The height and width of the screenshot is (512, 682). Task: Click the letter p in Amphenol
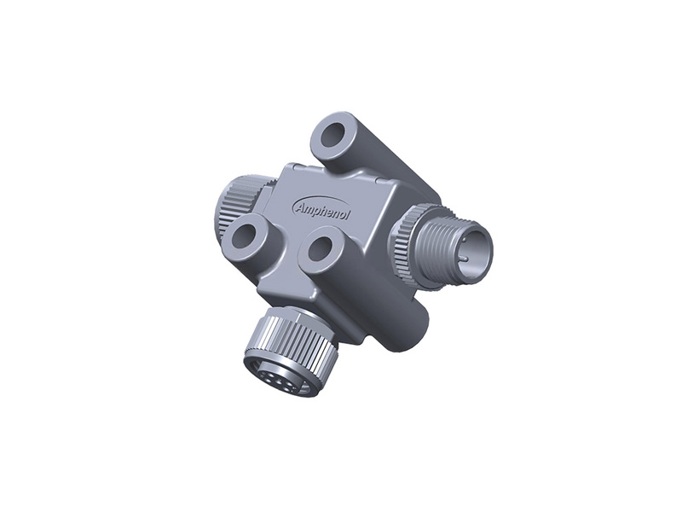316,211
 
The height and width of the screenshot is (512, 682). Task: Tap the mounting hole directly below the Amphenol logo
321,250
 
